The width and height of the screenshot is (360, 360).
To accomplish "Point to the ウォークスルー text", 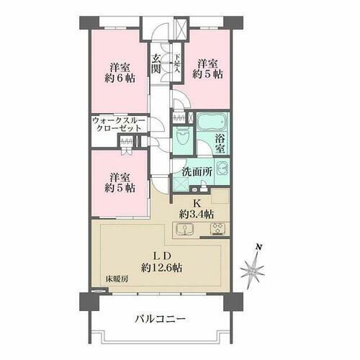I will [117, 120].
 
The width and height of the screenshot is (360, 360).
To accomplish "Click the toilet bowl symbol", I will [184, 138].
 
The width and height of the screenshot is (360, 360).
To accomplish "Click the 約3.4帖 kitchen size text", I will [196, 215].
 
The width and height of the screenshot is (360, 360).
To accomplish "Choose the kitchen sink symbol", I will [184, 230].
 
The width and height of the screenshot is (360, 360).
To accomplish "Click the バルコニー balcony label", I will [160, 319].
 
